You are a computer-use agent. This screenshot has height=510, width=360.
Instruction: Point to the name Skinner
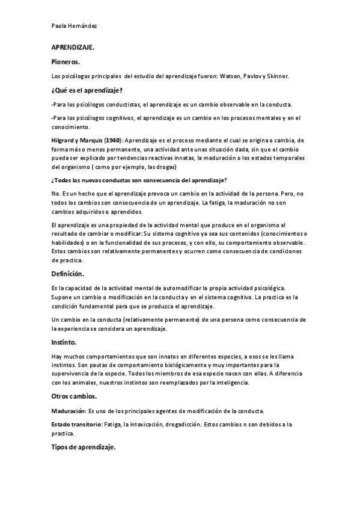[277, 76]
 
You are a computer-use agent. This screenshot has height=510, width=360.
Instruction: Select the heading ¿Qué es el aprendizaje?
[87, 90]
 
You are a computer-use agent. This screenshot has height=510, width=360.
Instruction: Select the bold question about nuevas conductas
[139, 180]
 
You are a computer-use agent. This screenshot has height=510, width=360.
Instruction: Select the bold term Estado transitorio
[76, 425]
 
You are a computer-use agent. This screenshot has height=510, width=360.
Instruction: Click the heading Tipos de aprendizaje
[84, 447]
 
